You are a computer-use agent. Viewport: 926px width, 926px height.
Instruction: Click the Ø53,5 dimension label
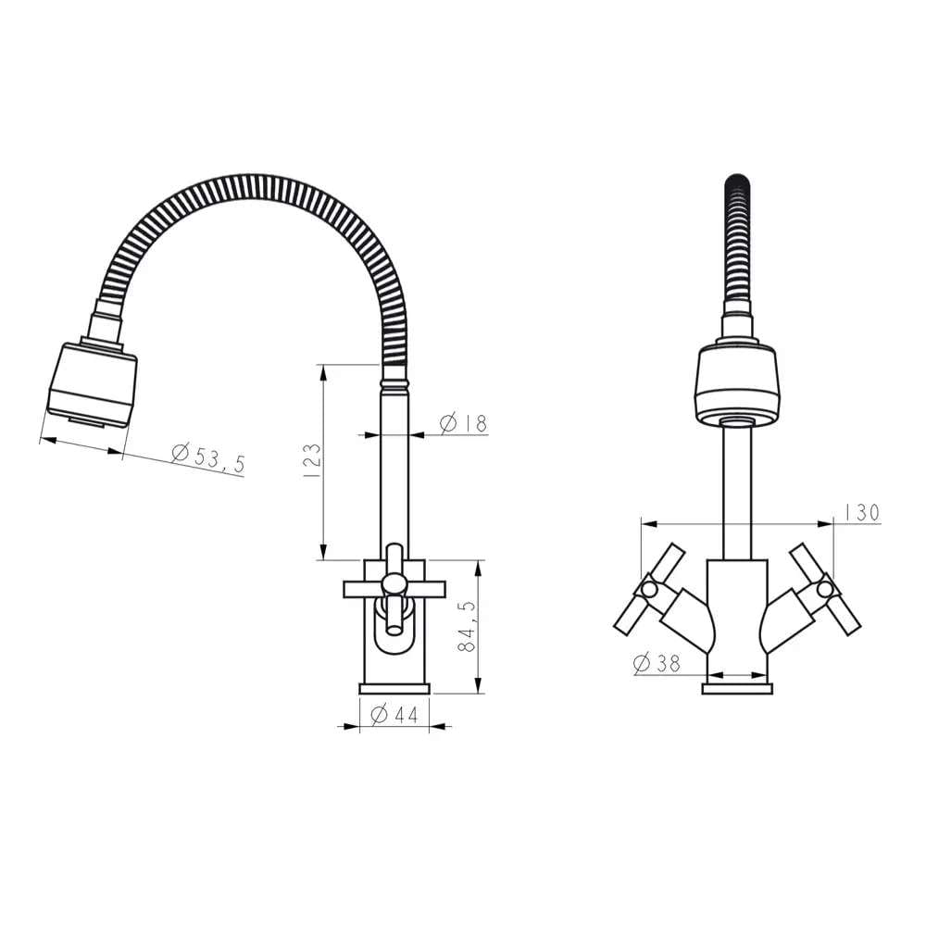tap(207, 457)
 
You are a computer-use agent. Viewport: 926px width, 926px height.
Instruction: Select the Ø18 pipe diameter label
tap(464, 423)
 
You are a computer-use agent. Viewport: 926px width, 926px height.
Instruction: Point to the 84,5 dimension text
tap(467, 627)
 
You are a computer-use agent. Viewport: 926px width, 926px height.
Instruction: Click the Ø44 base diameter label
tap(394, 715)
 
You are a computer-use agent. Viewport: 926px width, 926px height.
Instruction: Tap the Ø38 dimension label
tap(657, 663)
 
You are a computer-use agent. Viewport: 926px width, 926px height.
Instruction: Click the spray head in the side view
tap(92, 384)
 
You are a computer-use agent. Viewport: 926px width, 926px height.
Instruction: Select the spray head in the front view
tap(737, 385)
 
